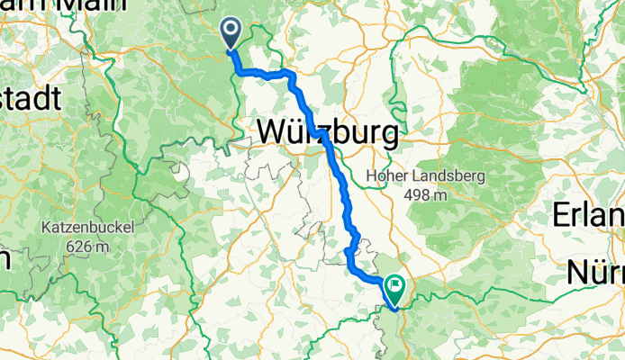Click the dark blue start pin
click(x=231, y=33)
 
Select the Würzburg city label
click(x=328, y=133)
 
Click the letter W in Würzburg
click(x=272, y=133)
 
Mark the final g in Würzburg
click(x=388, y=136)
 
